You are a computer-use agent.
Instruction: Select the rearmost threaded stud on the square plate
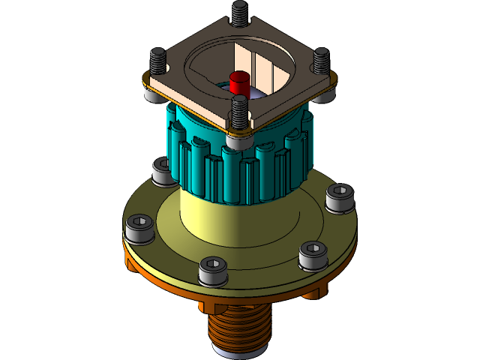tap(240, 13)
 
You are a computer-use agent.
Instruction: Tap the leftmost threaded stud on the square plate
tap(158, 58)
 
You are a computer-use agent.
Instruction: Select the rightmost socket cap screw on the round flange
tap(339, 197)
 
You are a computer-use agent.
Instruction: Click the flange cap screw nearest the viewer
tap(212, 270)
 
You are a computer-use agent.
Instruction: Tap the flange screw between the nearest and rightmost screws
tap(313, 254)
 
